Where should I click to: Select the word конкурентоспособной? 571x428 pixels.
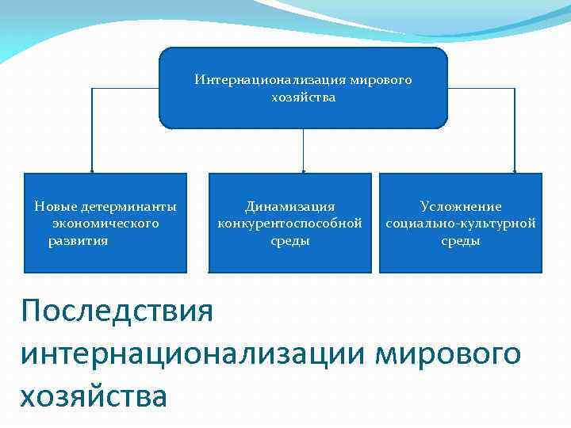coord(289,223)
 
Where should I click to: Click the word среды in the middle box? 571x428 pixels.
coord(289,240)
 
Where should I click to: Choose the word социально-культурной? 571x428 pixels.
coord(461,223)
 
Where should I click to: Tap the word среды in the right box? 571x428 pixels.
coord(461,240)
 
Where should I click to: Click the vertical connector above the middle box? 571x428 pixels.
coord(304,151)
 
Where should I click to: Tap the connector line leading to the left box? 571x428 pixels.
coord(92,127)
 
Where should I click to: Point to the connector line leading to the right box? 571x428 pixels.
coord(515,127)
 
